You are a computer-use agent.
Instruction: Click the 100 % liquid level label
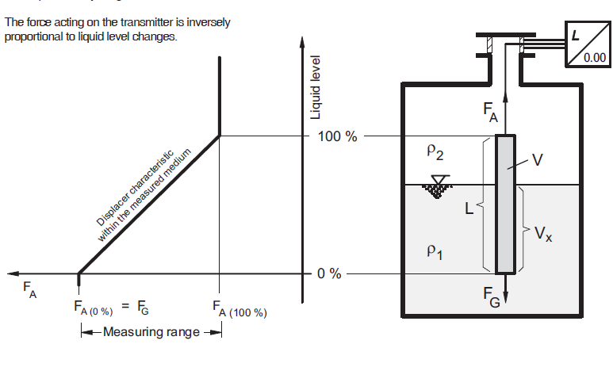click(337, 136)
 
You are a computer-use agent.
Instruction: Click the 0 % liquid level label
click(329, 274)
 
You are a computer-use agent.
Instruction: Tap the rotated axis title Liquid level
click(315, 88)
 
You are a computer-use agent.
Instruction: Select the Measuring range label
click(151, 331)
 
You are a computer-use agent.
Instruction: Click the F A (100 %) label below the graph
click(239, 308)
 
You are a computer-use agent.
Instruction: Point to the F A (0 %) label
click(94, 308)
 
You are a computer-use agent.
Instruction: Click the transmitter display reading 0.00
click(594, 57)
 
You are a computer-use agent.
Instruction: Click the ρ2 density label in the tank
click(435, 151)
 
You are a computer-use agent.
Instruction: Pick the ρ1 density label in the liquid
click(435, 251)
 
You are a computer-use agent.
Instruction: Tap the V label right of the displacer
click(538, 160)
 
